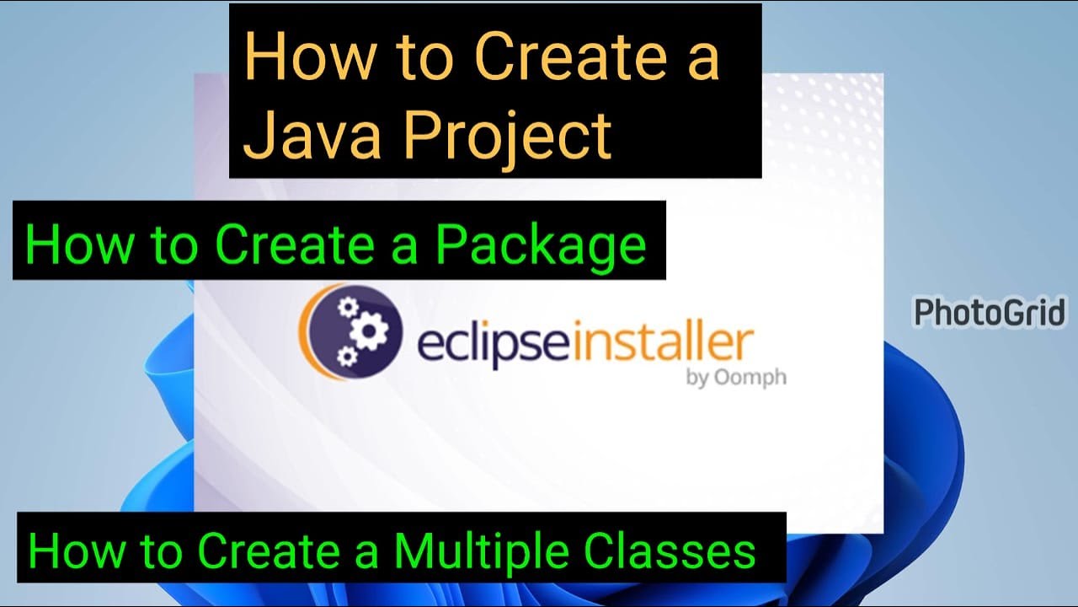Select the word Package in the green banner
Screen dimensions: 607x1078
[541, 244]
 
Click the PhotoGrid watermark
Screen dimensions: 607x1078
[990, 313]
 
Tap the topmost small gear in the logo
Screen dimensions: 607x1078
[345, 307]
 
